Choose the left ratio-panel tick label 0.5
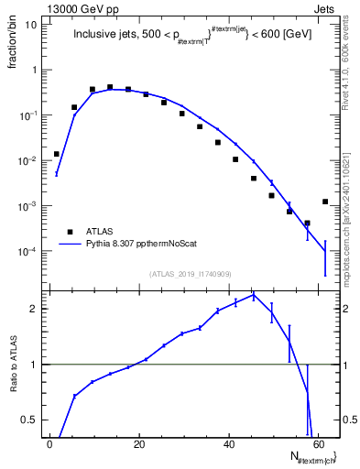[x=29, y=420]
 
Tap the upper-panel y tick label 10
[x=31, y=25]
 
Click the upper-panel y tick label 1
[x=35, y=71]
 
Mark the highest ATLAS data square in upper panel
[x=110, y=88]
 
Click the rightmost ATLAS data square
[x=325, y=202]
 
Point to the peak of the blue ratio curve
[x=253, y=296]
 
